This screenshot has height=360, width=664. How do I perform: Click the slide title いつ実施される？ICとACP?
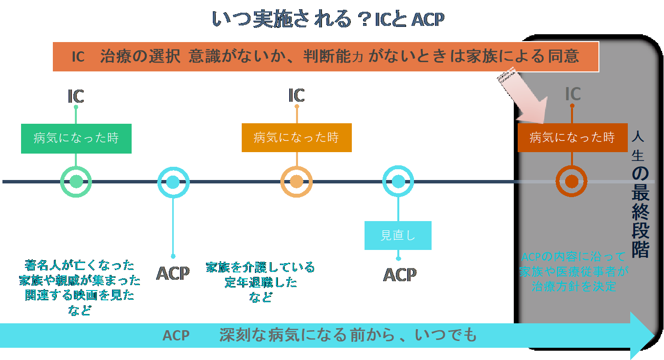(x=328, y=19)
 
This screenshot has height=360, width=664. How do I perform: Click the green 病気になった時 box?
(x=76, y=138)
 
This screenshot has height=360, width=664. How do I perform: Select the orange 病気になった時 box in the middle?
(x=297, y=137)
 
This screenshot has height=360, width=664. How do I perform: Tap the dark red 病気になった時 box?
(x=572, y=137)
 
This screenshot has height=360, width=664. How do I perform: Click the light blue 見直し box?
(x=398, y=235)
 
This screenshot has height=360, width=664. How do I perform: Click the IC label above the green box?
(x=76, y=96)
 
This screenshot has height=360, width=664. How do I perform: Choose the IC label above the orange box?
(x=297, y=95)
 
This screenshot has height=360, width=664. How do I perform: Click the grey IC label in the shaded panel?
(x=572, y=93)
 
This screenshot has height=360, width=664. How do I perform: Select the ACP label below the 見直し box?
(x=400, y=274)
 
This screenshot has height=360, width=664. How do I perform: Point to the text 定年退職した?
(x=261, y=282)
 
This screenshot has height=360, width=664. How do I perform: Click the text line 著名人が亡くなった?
(x=79, y=265)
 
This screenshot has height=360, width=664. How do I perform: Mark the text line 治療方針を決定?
(x=573, y=286)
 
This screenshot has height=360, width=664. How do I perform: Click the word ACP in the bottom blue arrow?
(x=176, y=336)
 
